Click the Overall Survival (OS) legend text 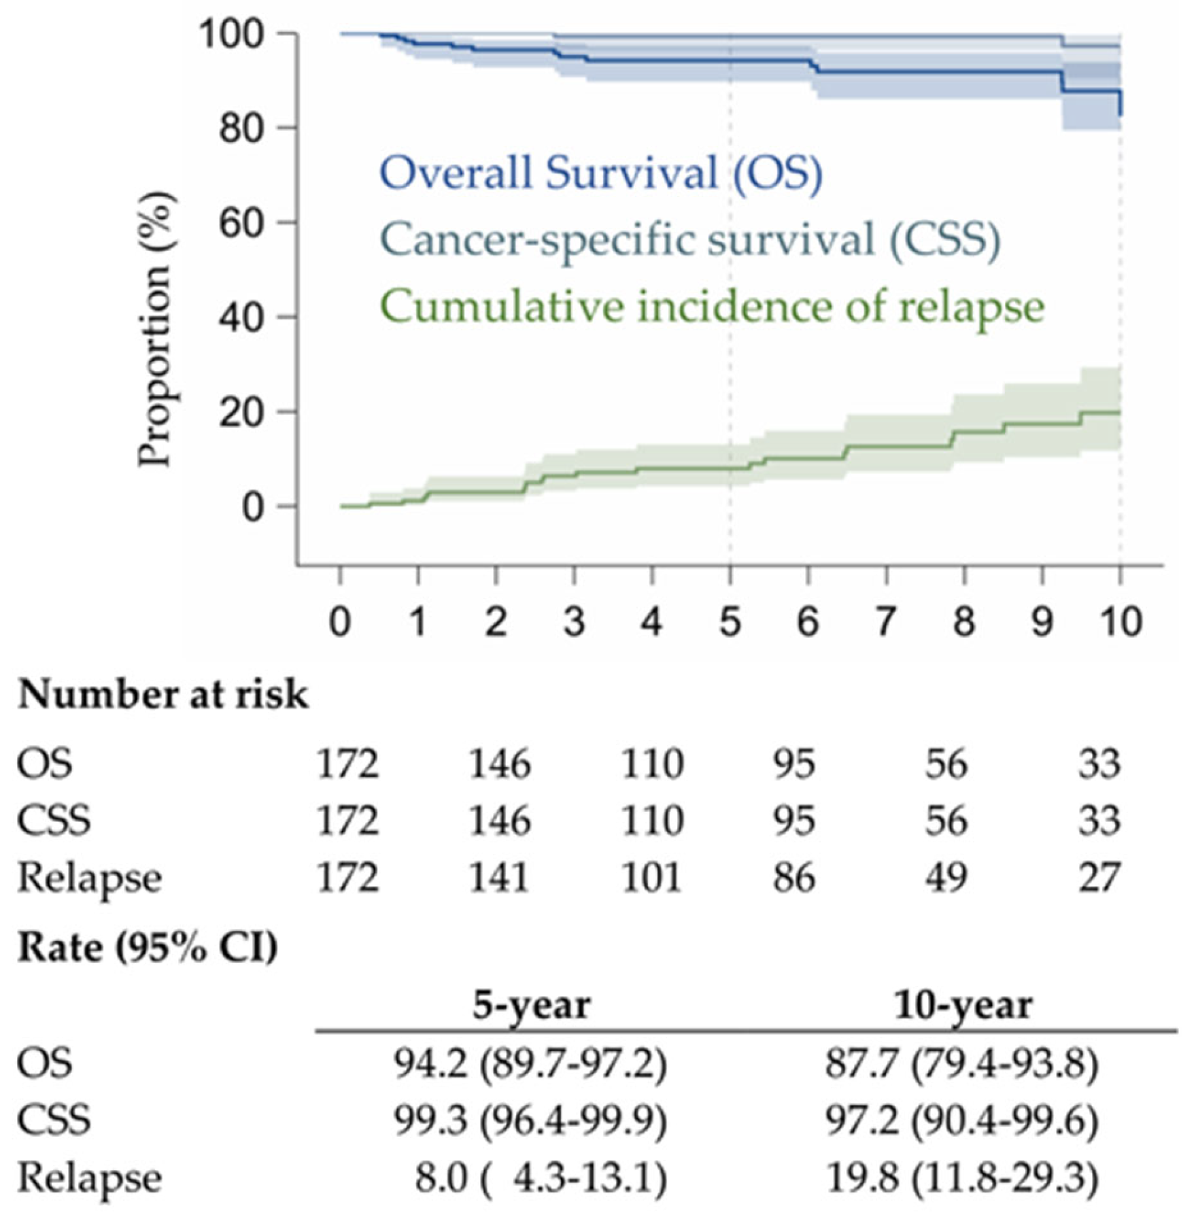point(601,173)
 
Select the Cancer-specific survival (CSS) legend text point(690,239)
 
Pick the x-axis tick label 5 point(730,621)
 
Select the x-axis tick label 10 point(1119,621)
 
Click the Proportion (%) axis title point(155,330)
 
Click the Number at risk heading point(163,696)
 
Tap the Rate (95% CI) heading point(148,946)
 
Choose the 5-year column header point(532,1005)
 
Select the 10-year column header point(963,1005)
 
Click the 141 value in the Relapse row point(500,878)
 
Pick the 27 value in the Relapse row point(1099,878)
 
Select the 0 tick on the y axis point(252,507)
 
